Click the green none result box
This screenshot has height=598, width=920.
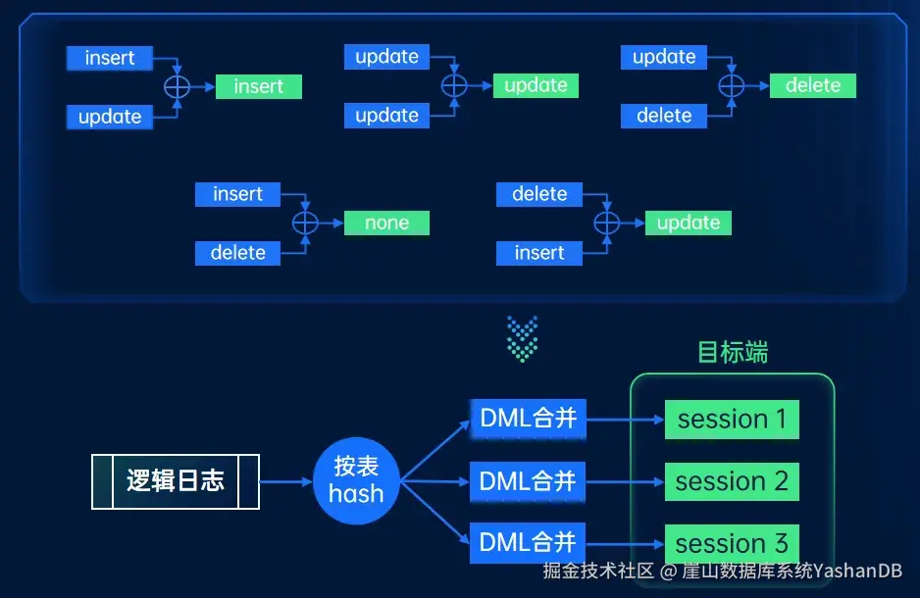point(386,224)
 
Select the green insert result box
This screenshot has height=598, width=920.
point(259,87)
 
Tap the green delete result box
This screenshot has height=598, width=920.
point(813,86)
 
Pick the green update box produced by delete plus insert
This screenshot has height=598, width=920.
point(688,224)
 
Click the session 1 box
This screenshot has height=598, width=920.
point(732,420)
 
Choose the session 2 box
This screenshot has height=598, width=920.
point(732,481)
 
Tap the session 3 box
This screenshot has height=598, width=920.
point(732,543)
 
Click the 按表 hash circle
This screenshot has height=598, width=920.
point(356,480)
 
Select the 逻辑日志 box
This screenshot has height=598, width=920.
point(176,481)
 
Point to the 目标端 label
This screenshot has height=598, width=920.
point(732,352)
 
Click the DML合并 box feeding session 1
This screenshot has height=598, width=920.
point(527,420)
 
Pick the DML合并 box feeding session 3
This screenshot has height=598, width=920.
point(527,543)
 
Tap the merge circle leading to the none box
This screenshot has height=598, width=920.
point(306,224)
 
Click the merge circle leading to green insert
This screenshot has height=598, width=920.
point(177,87)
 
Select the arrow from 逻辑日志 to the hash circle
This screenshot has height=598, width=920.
point(285,481)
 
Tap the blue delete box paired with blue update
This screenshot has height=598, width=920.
point(664,117)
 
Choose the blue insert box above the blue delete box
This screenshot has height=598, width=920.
point(237,194)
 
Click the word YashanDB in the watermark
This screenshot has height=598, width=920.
point(857,570)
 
